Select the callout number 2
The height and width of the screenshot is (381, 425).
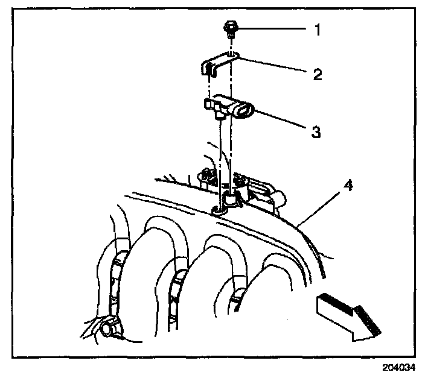[318, 74]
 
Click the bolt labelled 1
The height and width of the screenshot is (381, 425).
[232, 27]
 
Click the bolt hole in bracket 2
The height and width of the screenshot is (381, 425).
[234, 57]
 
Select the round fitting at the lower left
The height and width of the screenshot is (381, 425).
[109, 327]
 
